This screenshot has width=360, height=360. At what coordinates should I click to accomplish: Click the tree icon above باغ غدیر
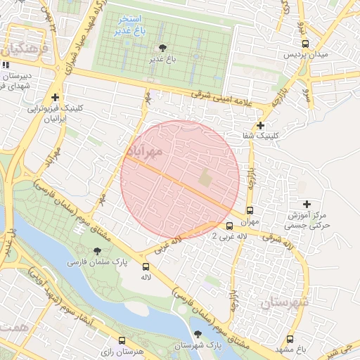[x=163, y=48]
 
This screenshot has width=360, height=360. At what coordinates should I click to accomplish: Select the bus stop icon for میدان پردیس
[x=305, y=43]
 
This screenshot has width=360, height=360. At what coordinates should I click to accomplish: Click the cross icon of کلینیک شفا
[x=261, y=124]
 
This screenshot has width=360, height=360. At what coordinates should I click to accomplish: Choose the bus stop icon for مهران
[x=250, y=210]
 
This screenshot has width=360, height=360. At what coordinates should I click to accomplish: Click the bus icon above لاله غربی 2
[x=229, y=226]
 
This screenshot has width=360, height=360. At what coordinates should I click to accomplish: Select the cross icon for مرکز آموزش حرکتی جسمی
[x=306, y=204]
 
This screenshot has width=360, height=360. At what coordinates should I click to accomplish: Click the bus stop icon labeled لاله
[x=146, y=266]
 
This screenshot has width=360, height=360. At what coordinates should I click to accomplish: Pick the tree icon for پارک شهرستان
[x=198, y=335]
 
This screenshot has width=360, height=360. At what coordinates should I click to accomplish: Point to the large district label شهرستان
[x=285, y=302]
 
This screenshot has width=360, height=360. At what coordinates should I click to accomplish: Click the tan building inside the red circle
[x=204, y=178]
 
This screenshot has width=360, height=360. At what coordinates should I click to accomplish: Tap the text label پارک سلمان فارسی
[x=92, y=262]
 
